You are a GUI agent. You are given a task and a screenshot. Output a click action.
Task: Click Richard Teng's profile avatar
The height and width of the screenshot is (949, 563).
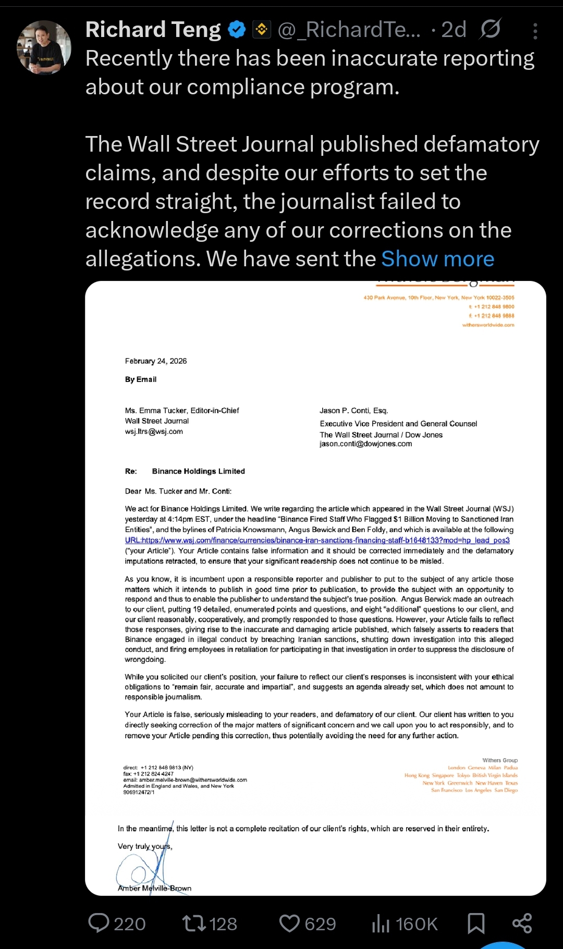(44, 47)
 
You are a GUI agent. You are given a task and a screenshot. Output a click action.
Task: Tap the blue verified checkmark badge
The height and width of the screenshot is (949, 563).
(237, 30)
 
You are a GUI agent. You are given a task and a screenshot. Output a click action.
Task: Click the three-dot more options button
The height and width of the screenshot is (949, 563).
(535, 31)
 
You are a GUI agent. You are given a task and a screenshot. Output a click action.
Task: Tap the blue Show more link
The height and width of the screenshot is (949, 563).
(437, 259)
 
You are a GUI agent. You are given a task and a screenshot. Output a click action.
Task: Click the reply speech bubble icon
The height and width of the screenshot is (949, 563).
(99, 923)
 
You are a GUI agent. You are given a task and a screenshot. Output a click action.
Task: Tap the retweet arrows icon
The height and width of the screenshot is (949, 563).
(194, 923)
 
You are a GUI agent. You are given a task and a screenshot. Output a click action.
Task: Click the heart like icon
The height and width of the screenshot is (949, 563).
(289, 923)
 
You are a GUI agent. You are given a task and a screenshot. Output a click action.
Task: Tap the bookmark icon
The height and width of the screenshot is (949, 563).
(476, 923)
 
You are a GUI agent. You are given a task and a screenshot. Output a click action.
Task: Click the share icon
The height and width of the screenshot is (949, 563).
(522, 923)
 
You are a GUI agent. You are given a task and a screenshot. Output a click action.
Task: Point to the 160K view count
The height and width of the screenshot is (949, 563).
(416, 924)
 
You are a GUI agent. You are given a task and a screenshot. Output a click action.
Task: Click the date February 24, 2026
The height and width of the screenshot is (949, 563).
(156, 361)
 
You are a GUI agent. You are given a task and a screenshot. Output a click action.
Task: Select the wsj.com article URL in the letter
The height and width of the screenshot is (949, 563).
(317, 540)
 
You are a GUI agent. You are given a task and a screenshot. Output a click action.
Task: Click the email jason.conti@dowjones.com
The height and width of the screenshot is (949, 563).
(365, 444)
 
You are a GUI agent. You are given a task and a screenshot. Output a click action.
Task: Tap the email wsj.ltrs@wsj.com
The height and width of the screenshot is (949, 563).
(154, 432)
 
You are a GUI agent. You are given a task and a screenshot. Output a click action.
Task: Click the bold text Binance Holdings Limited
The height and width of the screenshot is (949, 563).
(198, 471)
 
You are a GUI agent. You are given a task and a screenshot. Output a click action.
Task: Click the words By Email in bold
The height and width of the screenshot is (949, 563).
(141, 379)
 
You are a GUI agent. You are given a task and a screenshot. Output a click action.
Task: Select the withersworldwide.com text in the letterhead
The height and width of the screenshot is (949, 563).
(488, 325)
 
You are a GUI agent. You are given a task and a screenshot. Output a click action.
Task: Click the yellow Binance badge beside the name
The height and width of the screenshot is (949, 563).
(262, 30)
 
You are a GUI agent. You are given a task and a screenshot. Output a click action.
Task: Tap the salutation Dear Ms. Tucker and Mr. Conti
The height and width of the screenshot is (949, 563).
(178, 491)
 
